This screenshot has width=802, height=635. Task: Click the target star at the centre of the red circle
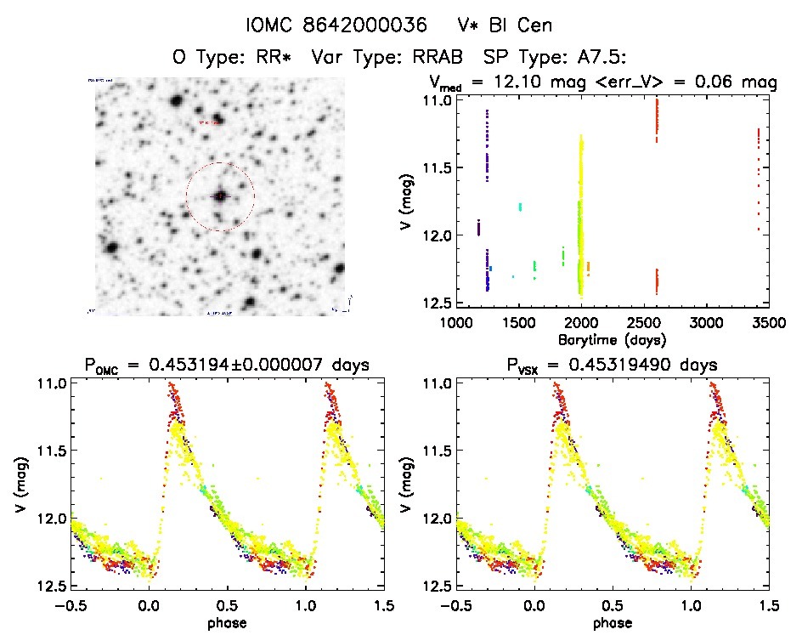(x=220, y=196)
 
